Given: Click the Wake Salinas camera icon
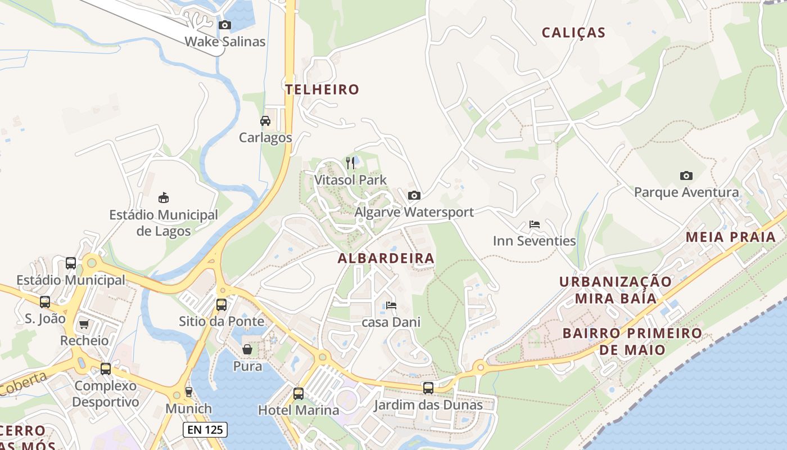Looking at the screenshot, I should [x=225, y=25].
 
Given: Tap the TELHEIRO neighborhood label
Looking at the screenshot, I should [x=322, y=89].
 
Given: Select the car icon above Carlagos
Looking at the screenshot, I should [x=265, y=121].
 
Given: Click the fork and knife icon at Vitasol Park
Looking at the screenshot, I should [x=350, y=163].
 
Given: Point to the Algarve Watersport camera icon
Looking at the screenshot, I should [x=414, y=195].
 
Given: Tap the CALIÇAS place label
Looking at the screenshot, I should [x=573, y=33].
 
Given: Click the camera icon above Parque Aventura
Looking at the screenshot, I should [x=686, y=175].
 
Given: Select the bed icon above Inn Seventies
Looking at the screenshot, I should [x=535, y=224].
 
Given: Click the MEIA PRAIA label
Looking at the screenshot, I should [x=731, y=237].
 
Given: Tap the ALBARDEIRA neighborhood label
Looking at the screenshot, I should [x=386, y=258].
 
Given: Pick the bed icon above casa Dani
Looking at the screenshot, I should [x=391, y=305].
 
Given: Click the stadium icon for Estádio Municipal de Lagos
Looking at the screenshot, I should [x=164, y=197].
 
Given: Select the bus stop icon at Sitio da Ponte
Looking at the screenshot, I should [x=221, y=305].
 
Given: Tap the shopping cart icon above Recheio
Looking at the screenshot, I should [x=84, y=324].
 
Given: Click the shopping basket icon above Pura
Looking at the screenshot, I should [x=247, y=349].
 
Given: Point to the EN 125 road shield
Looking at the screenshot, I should [x=205, y=430].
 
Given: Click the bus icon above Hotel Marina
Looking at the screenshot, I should [x=298, y=393].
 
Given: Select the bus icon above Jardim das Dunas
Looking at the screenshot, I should [x=428, y=388].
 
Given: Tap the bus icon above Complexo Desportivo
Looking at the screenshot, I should [x=106, y=369].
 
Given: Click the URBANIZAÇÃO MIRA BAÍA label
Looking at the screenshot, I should [x=615, y=289].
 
